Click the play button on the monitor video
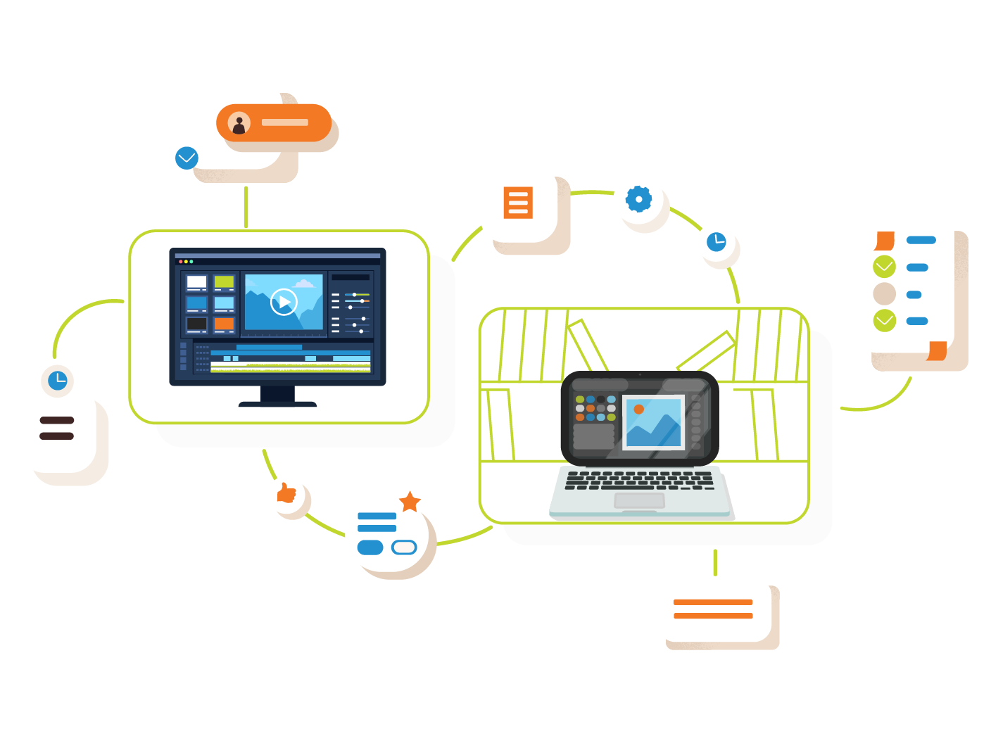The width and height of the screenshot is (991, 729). [284, 302]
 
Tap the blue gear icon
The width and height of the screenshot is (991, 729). [638, 199]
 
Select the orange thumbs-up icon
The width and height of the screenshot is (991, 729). [286, 493]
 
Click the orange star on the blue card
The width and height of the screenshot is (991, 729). [410, 502]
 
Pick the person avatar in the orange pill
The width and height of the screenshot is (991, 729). [239, 123]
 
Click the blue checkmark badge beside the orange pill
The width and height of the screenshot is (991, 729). [187, 158]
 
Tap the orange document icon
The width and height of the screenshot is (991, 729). [518, 203]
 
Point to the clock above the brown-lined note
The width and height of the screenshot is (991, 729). [58, 381]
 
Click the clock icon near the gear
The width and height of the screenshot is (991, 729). [716, 241]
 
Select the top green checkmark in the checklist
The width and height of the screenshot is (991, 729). [884, 267]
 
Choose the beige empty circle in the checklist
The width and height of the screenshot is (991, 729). [884, 293]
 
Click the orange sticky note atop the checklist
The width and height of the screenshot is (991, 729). [884, 241]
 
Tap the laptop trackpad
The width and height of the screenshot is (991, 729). [639, 500]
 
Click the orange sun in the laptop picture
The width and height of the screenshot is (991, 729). [638, 409]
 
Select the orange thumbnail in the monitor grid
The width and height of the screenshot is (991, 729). [224, 324]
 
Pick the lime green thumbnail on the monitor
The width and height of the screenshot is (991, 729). [224, 282]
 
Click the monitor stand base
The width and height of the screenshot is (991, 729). [277, 403]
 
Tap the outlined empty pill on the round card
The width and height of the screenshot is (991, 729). [404, 547]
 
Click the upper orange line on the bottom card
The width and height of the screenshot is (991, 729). [713, 602]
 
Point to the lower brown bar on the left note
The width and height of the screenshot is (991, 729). [57, 436]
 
